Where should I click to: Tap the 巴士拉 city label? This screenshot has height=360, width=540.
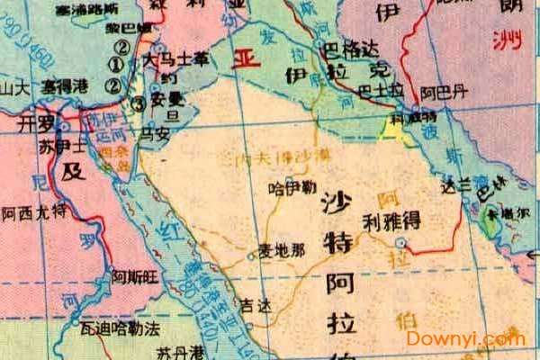pyautogui.click(x=374, y=91)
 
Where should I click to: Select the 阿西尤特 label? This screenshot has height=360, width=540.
pyautogui.click(x=34, y=212)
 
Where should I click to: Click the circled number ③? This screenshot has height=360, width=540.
pyautogui.click(x=139, y=103)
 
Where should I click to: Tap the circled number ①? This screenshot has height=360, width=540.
pyautogui.click(x=114, y=65)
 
